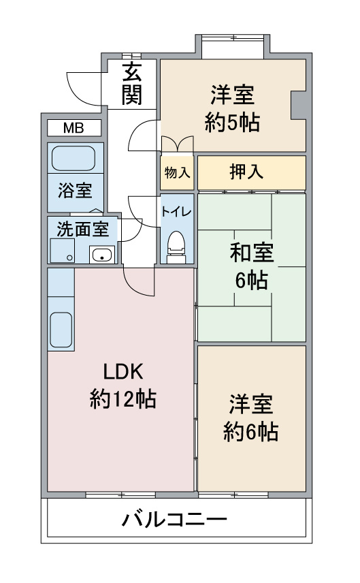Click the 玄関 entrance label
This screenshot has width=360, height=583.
point(132,84)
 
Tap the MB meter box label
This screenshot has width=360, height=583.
point(73,128)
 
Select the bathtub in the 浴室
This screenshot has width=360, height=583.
point(73,159)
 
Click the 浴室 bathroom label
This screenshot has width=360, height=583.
point(75,191)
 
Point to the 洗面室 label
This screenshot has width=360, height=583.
point(82,229)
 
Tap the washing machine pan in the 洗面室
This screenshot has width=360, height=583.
point(63,251)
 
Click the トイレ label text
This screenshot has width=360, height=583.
point(176,212)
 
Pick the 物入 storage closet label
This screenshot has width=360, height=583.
point(177,172)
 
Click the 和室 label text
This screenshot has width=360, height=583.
point(252,253)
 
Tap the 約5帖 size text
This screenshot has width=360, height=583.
point(232,122)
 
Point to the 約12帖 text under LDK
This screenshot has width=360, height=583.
point(123,399)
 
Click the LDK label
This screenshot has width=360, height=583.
point(123,371)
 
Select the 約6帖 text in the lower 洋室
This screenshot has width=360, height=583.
point(250,432)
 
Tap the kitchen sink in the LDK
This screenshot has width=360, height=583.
point(61,330)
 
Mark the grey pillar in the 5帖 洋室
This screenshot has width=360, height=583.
point(298,105)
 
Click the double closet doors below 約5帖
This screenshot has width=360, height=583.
point(177,144)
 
